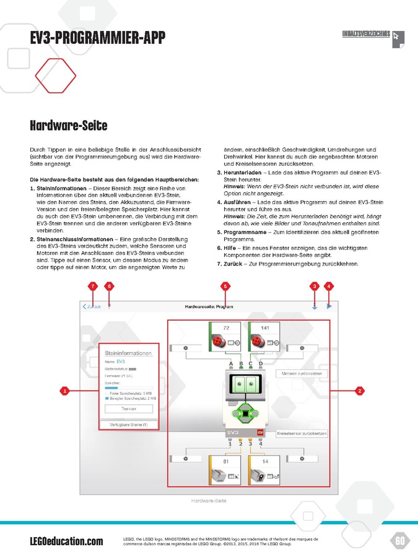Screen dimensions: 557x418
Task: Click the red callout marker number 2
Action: (x=359, y=390)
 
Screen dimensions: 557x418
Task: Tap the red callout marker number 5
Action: (x=225, y=286)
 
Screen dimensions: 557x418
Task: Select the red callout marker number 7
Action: (x=92, y=286)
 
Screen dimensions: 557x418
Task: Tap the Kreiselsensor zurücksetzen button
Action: (x=301, y=433)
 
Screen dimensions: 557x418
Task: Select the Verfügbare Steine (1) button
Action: (x=128, y=425)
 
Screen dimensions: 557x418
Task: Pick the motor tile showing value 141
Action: (x=264, y=337)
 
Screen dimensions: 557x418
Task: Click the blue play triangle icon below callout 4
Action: (x=329, y=306)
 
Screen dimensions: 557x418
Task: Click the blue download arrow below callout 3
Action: (x=315, y=306)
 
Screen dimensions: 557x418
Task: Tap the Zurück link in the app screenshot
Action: (x=92, y=306)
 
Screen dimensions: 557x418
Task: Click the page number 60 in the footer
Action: (x=400, y=541)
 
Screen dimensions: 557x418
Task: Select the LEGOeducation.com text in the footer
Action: (x=66, y=542)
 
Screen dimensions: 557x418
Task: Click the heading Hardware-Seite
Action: (x=68, y=126)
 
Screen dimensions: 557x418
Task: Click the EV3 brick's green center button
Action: (x=246, y=413)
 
